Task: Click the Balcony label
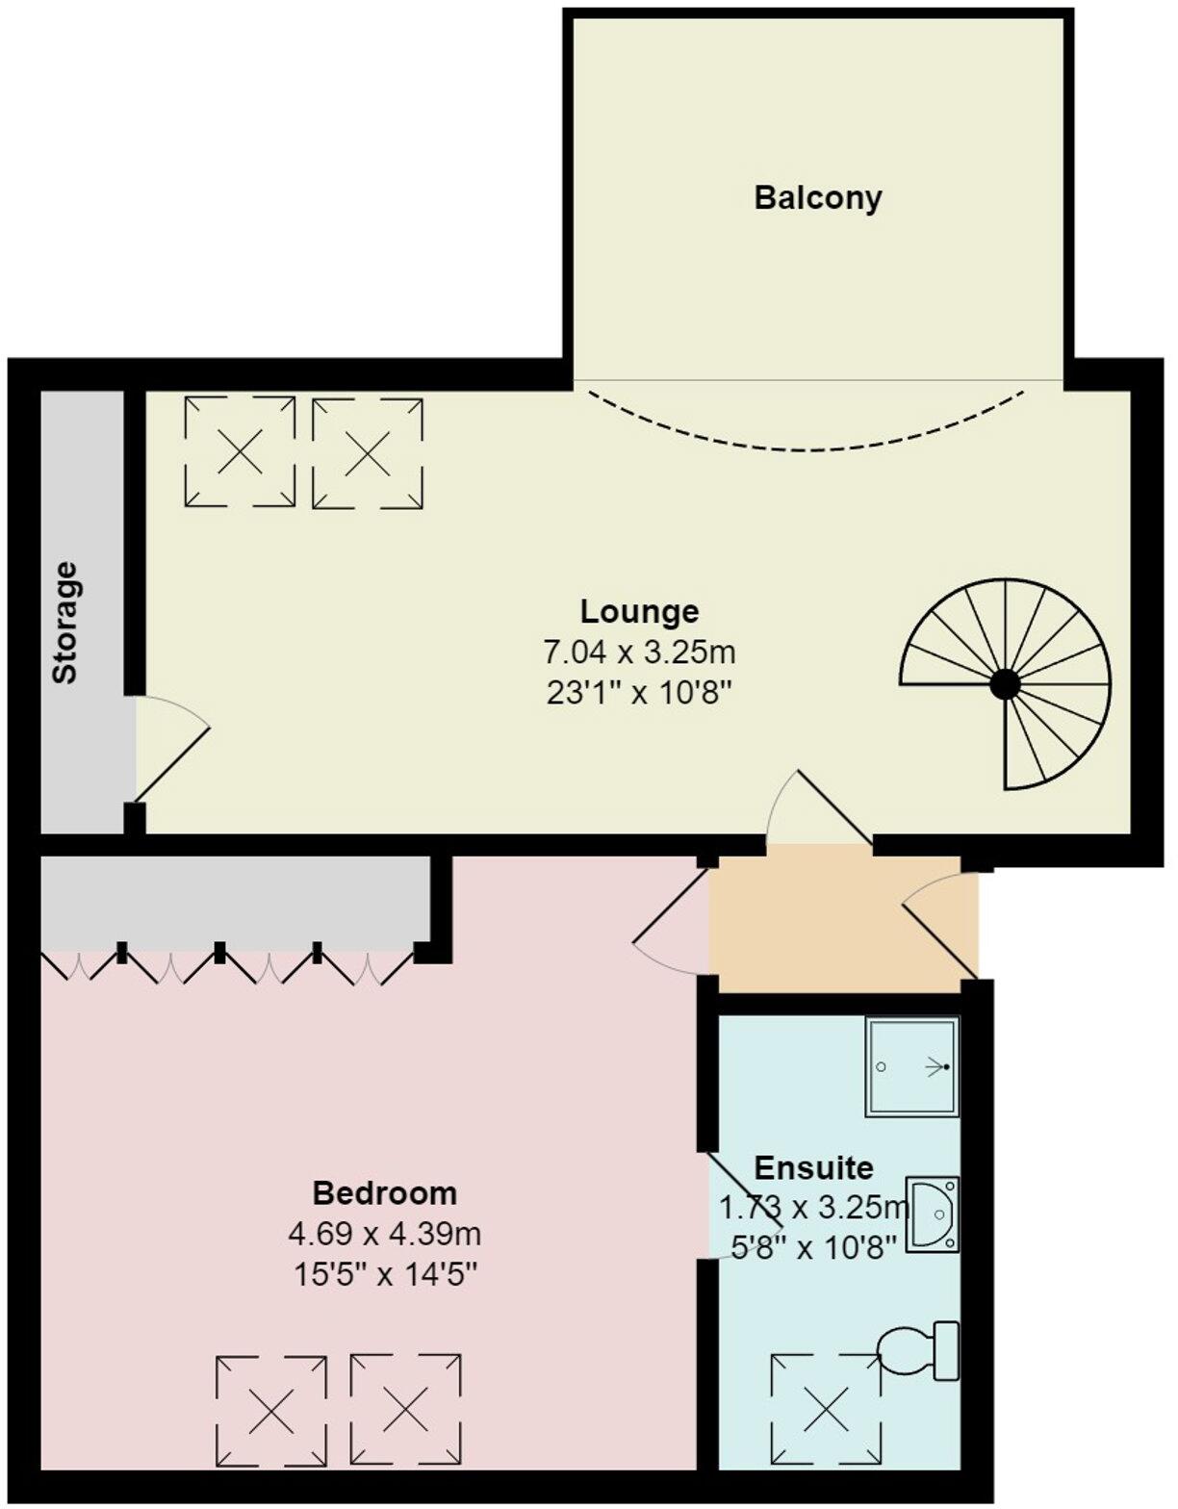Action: [817, 198]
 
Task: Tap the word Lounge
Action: [639, 611]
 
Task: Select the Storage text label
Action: [64, 623]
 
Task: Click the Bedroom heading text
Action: [384, 1193]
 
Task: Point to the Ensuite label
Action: [813, 1167]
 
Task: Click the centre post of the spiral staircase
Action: [1005, 684]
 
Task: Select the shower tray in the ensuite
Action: [911, 1066]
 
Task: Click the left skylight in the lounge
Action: [240, 451]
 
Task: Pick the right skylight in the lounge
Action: [368, 451]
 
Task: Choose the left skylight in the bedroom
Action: [271, 1411]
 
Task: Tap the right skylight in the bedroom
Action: [405, 1411]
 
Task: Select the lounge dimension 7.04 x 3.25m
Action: [639, 652]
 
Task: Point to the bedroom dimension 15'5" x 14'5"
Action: [384, 1275]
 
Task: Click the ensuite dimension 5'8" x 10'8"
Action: [813, 1247]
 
